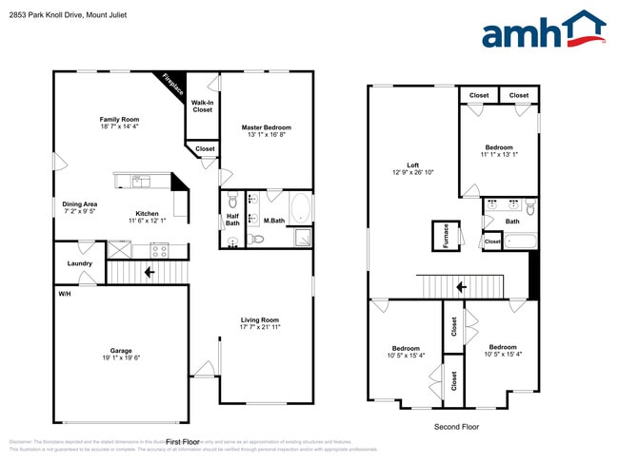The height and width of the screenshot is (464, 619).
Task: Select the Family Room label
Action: pos(120,119)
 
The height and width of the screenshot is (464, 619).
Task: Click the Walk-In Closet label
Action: pos(203,106)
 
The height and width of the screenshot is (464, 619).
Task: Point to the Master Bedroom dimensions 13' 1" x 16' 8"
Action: pos(266,135)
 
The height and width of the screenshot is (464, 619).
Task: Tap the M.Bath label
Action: pos(274,221)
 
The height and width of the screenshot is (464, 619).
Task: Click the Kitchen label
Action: pos(147,214)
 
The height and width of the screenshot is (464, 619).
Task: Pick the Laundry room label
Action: pos(79,263)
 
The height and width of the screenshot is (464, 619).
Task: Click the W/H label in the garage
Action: pos(64,294)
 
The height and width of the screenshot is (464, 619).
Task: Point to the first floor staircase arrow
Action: pos(150,273)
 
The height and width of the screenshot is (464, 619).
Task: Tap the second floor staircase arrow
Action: pos(461,286)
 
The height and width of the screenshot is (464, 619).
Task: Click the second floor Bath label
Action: pos(512,222)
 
